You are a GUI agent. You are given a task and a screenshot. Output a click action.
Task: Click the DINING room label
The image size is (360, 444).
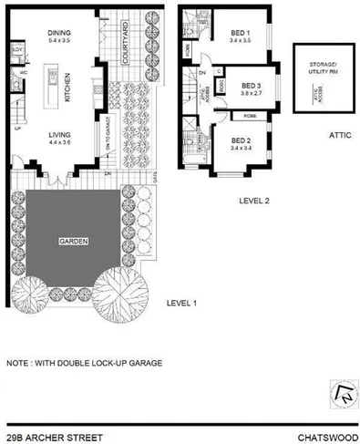coord(60,33)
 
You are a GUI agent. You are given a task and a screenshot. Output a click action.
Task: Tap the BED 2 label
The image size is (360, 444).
coord(241,138)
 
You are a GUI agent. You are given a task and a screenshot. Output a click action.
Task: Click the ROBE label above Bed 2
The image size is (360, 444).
coord(248,116)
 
